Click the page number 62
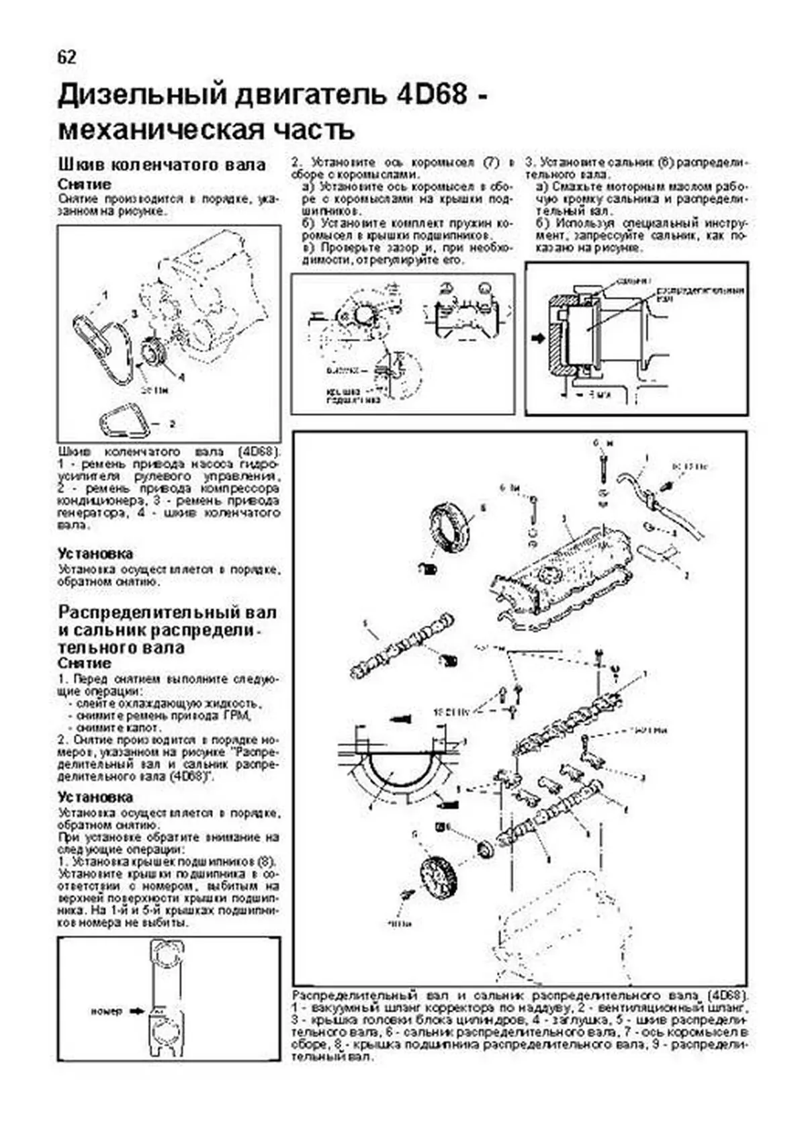67,57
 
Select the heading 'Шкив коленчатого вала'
162,165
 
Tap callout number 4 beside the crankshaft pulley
181,377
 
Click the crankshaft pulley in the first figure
155,353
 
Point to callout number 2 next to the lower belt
172,424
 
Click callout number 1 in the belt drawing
105,294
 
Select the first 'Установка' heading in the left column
95,553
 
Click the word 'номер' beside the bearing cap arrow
106,1011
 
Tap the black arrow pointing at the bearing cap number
137,1010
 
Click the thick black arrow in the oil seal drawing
537,338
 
